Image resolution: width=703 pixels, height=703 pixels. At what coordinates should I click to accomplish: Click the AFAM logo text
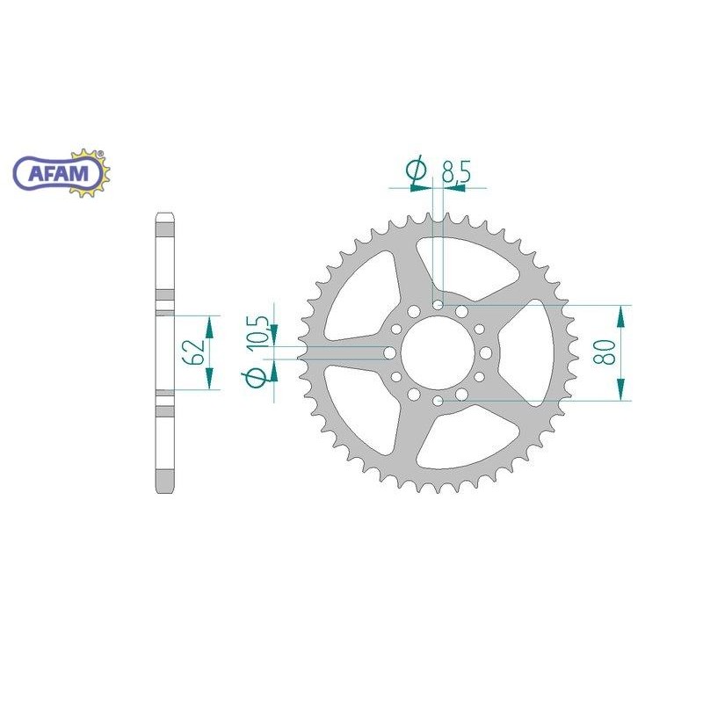click(58, 173)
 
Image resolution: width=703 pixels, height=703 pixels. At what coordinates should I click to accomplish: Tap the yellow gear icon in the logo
click(90, 173)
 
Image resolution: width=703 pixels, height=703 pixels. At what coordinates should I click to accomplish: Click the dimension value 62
click(195, 351)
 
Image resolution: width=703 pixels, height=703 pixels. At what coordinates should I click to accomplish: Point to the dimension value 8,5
click(456, 170)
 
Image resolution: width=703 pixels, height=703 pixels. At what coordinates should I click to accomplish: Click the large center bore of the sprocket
click(438, 353)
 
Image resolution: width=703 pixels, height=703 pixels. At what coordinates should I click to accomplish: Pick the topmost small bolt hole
click(438, 305)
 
